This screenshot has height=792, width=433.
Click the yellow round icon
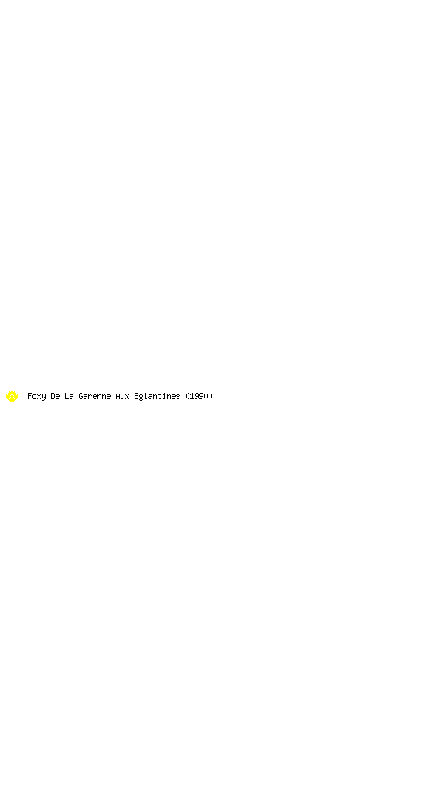(12, 397)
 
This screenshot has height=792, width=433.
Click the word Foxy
(36, 397)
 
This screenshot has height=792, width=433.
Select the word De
(55, 396)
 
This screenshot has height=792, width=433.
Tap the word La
(69, 396)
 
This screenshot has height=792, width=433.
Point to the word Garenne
(94, 396)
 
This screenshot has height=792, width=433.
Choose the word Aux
(122, 396)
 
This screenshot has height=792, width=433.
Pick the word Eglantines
(157, 397)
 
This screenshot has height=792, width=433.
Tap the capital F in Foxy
(29, 396)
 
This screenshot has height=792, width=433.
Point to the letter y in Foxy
(43, 398)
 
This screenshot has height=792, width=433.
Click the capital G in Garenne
(80, 396)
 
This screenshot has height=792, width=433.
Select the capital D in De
(53, 396)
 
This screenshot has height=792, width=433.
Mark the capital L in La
(66, 396)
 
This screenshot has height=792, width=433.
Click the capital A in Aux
(118, 396)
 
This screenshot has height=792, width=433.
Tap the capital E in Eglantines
(136, 396)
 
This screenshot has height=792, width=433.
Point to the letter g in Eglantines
(141, 398)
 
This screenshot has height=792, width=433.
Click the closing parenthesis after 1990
(210, 397)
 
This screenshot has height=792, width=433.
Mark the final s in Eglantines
(178, 397)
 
